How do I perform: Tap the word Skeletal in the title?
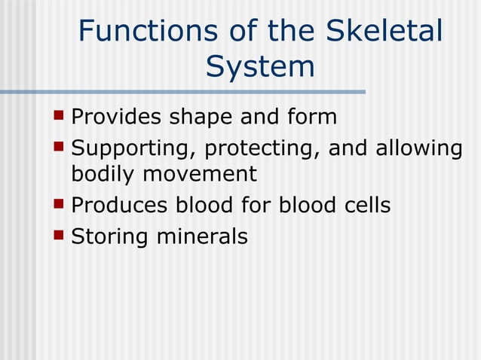(384, 32)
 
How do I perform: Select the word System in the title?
(260, 66)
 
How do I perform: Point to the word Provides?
(116, 118)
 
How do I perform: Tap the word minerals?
(201, 237)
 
